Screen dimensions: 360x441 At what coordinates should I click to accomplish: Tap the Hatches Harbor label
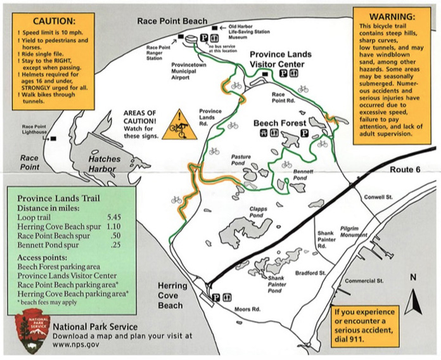108,156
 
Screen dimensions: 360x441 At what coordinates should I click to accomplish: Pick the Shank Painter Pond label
279,286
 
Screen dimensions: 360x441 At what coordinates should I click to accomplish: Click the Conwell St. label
379,196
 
